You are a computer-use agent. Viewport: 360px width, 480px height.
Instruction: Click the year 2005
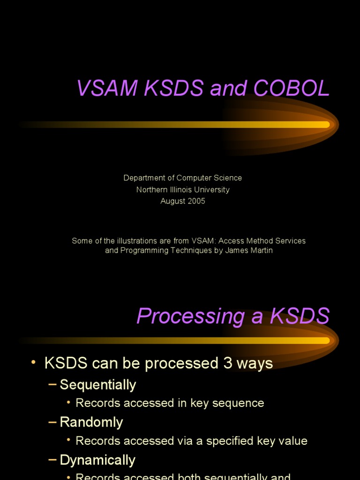(x=196, y=201)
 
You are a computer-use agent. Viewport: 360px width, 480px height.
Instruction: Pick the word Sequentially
(x=98, y=385)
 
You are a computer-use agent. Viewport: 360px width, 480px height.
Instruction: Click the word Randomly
(x=91, y=422)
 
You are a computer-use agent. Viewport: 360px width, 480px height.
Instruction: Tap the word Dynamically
(x=97, y=460)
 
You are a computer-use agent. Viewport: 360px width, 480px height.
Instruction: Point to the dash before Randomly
(x=52, y=422)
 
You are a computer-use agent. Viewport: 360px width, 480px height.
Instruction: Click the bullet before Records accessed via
(x=68, y=440)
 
